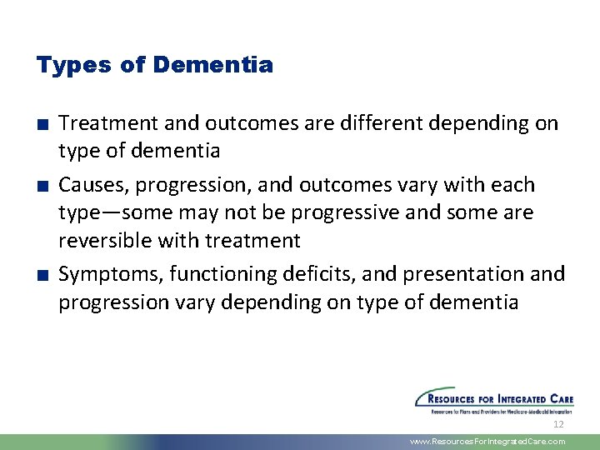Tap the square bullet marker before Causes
[41, 186]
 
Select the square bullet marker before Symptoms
[41, 275]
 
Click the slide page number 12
[558, 424]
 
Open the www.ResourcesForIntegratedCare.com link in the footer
[487, 442]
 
